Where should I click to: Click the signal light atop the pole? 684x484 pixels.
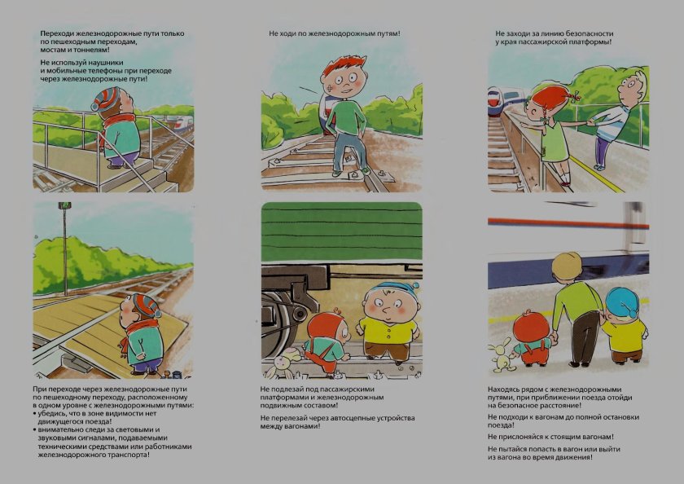(64, 207)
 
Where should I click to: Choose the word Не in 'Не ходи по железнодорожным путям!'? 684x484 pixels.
(274, 33)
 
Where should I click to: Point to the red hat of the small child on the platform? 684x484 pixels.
(531, 324)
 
